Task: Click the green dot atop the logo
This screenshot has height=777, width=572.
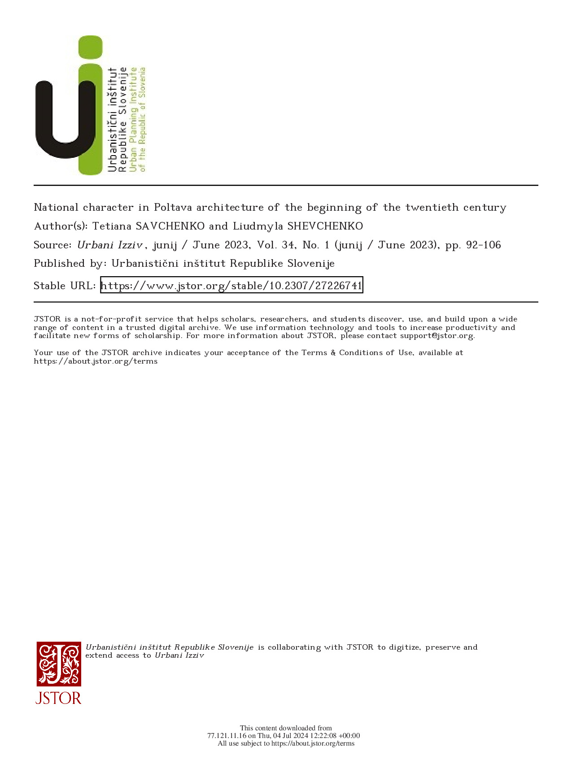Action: pos(90,47)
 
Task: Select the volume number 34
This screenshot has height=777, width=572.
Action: pos(288,245)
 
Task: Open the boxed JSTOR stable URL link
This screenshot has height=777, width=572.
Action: pos(231,286)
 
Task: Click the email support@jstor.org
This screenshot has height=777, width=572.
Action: pos(437,336)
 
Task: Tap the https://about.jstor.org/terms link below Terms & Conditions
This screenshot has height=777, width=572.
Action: pos(96,361)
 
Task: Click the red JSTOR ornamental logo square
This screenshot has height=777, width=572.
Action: pos(59,664)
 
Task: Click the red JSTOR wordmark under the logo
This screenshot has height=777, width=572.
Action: pos(58,698)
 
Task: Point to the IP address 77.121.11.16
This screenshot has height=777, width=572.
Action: pos(227,736)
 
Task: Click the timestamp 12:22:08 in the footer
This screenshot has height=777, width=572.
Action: pos(322,736)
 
